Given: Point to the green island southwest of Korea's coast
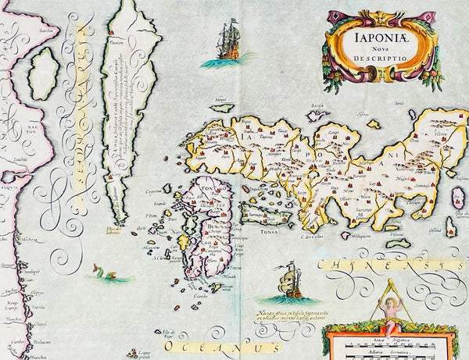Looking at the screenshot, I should click(x=44, y=74).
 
